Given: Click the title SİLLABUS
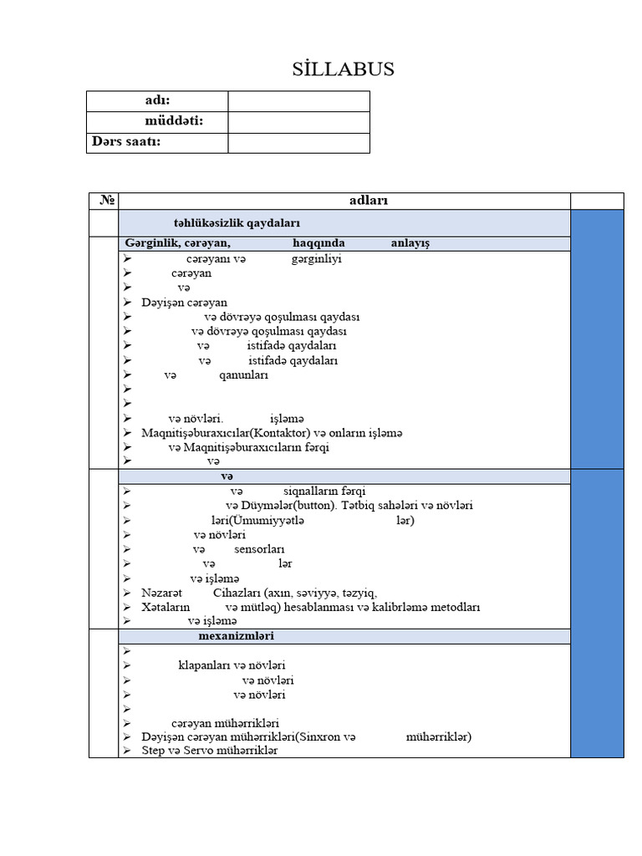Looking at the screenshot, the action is pyautogui.click(x=344, y=69).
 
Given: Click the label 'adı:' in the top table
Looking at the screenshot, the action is pyautogui.click(x=157, y=101).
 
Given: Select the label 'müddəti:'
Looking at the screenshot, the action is pyautogui.click(x=174, y=121).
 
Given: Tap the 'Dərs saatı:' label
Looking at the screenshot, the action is pyautogui.click(x=125, y=141).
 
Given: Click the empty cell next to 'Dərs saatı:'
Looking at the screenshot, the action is pyautogui.click(x=298, y=142).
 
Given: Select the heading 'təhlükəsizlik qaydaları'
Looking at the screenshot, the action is pyautogui.click(x=237, y=223).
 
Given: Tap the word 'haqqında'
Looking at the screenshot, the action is pyautogui.click(x=318, y=243).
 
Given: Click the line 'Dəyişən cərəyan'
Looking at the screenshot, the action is pyautogui.click(x=184, y=302).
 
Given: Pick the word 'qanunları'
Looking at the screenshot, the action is pyautogui.click(x=243, y=375).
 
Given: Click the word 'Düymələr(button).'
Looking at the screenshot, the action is pyautogui.click(x=289, y=506).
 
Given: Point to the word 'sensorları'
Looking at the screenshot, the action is pyautogui.click(x=259, y=549).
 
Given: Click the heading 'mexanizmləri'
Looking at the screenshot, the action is pyautogui.click(x=237, y=636).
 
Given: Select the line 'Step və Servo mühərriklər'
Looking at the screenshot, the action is pyautogui.click(x=209, y=751).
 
